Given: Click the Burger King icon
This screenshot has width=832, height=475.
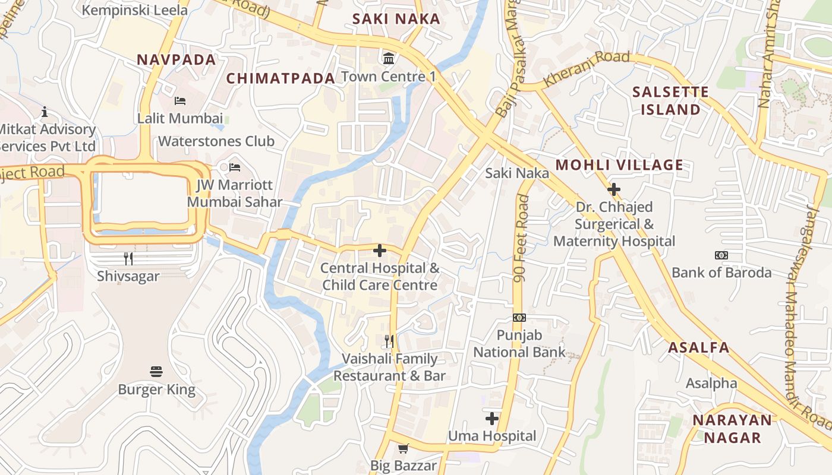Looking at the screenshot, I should coord(156,372).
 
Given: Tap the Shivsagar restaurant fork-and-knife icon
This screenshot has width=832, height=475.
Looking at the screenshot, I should coord(128,258).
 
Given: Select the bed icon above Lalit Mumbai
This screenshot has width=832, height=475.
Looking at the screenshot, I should coord(180,101).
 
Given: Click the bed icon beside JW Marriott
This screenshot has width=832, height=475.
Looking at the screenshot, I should coord(235,167).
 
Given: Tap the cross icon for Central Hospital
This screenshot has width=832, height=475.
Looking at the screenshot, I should coord(380,251).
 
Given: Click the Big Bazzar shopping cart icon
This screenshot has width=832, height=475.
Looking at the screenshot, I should coord(404,448).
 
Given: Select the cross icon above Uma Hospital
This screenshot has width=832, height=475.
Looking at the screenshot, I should coord(491,419).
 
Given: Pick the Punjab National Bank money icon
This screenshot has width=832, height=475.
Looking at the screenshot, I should coord(519,318).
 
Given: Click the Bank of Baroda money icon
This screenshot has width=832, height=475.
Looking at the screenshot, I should coord(721,255).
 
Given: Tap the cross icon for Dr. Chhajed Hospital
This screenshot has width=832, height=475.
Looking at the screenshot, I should coord(614,189).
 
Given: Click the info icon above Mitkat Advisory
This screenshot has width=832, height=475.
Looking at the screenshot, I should coord(45,112).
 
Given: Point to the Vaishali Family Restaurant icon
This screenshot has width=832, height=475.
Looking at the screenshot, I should coord(389,341).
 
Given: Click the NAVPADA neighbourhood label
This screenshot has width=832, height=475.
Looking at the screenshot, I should coord(177,60).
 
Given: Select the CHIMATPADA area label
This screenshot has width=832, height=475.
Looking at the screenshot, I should coord(281,78).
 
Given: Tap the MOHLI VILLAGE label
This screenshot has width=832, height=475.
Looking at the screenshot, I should coord(619,165).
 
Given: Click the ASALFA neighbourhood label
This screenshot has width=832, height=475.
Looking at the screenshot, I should coord(698,348).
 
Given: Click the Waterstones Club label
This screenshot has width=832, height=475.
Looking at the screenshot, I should coord(216,141).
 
